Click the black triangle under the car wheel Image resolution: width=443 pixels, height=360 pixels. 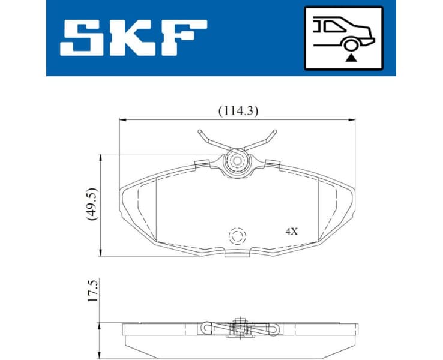tap(349, 57)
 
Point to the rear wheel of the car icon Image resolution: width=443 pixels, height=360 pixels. tap(349, 43)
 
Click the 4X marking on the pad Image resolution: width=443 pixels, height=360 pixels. tap(291, 231)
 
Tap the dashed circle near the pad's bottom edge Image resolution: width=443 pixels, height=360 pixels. tap(237, 235)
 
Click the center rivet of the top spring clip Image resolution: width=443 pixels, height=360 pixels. tap(237, 161)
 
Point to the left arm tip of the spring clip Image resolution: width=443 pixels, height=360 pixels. tap(200, 132)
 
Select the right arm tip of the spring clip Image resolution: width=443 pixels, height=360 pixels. tap(274, 131)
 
